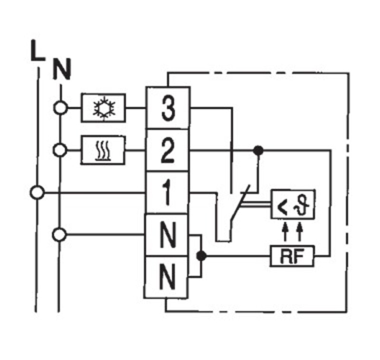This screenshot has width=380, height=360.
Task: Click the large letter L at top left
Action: (x=38, y=50)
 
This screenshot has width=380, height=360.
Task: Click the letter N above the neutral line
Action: (x=62, y=69)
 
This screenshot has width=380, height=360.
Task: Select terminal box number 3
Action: (x=168, y=107)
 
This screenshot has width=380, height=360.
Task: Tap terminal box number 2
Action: (x=168, y=150)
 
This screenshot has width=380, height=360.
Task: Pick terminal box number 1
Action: (x=167, y=193)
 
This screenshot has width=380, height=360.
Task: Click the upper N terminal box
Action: (x=166, y=235)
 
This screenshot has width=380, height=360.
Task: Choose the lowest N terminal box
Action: (x=166, y=277)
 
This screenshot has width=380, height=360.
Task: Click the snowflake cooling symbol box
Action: (x=104, y=107)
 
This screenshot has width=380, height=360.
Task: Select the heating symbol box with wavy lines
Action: (x=103, y=150)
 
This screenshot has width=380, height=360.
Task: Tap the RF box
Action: (x=292, y=256)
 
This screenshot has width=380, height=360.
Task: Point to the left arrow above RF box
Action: (x=285, y=232)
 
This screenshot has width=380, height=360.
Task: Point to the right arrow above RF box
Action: (x=300, y=232)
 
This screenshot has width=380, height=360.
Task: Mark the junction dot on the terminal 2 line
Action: (x=258, y=151)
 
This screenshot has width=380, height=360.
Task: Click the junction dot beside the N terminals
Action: (x=201, y=256)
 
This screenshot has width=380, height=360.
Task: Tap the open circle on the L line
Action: (x=38, y=193)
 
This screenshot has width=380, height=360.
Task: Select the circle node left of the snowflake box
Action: (x=60, y=108)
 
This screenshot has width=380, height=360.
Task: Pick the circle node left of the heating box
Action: (x=60, y=150)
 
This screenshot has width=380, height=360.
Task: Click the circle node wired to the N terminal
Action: (x=59, y=235)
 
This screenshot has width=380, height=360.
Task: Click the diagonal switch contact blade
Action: (x=240, y=203)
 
